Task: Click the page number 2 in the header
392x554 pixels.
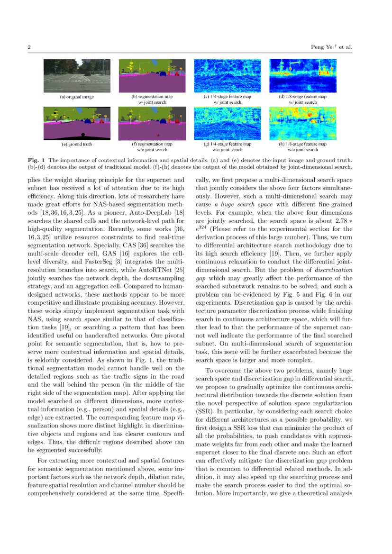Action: coord(29,47)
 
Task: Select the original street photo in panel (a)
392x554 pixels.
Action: coord(77,76)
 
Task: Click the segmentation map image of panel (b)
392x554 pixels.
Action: coord(152,76)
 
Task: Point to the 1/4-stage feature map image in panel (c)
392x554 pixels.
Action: coord(227,76)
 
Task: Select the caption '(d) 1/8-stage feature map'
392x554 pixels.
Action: coord(302,97)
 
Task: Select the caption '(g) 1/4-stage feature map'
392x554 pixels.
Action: coord(227,144)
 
